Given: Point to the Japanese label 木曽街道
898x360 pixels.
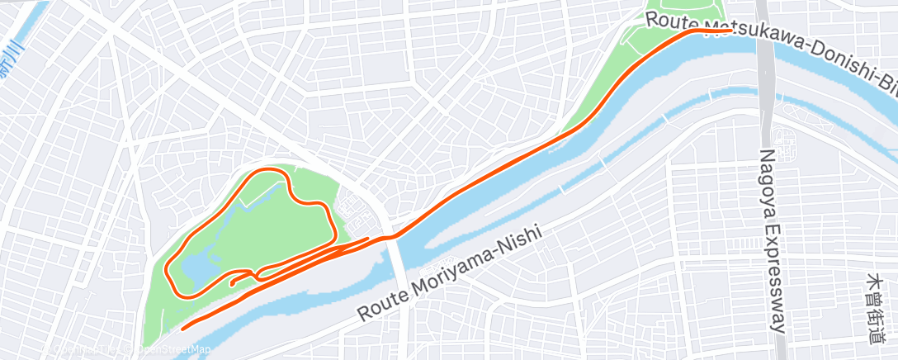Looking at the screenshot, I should [x=874, y=308].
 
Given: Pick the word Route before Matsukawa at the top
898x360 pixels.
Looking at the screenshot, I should [x=667, y=19].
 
